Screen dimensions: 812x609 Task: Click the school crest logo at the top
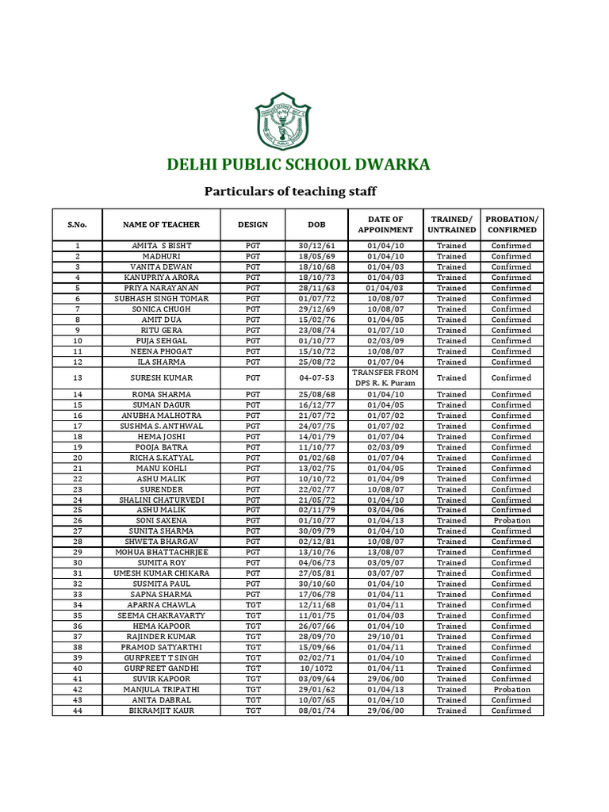point(283,121)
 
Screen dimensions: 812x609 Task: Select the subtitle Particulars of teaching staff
point(290,191)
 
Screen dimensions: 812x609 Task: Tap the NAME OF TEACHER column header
point(161,224)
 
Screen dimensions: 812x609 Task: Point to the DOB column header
point(316,224)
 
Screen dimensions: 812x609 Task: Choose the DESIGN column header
point(252,224)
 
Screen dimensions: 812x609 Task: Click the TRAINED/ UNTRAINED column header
point(451,224)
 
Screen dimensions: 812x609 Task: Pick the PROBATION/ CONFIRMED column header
point(511,224)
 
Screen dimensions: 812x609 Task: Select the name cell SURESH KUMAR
point(161,378)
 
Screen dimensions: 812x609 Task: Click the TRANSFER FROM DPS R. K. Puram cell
point(385,378)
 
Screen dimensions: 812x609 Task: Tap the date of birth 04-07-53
point(316,378)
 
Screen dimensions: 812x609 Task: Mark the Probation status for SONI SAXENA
point(511,521)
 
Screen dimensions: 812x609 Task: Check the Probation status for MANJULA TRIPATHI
point(511,690)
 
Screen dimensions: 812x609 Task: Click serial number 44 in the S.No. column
point(78,711)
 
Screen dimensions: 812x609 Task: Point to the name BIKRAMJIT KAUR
point(161,711)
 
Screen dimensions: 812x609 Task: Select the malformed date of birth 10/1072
point(316,668)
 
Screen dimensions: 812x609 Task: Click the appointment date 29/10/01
point(385,637)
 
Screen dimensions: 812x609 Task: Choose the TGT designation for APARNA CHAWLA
point(252,605)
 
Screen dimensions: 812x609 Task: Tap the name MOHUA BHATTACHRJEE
point(161,553)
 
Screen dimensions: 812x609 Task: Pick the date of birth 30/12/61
point(316,246)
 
